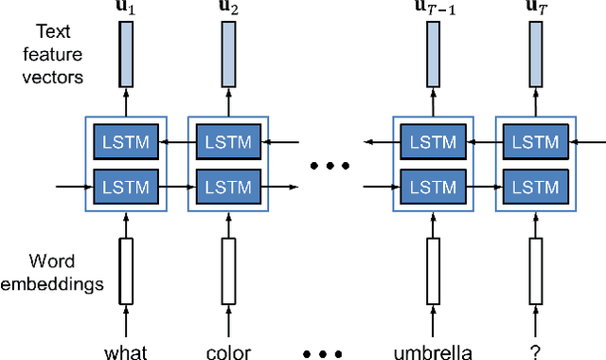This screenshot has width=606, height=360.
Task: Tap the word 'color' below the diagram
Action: tap(228, 352)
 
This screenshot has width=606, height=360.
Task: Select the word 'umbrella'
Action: tap(433, 352)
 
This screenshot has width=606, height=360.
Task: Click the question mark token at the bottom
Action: tap(537, 352)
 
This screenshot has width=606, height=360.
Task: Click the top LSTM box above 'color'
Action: tap(228, 142)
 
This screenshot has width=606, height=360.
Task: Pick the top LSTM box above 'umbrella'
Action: tap(433, 142)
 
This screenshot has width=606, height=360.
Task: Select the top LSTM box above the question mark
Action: tap(537, 142)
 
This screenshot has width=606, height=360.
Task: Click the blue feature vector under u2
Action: tap(228, 54)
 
